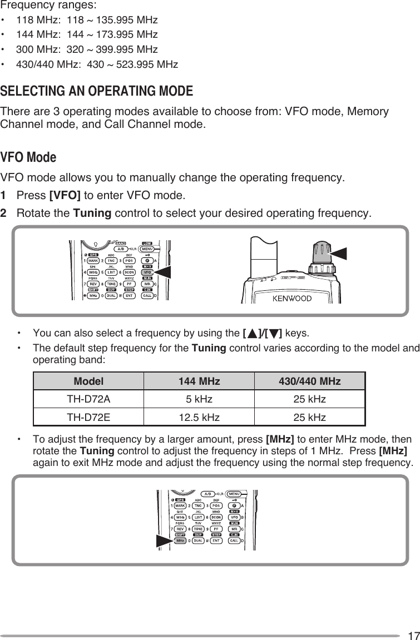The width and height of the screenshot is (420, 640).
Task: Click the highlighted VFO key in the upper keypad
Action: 147,272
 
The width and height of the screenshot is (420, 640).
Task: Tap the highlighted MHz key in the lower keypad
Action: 180,540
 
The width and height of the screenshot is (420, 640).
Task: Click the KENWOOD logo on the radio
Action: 291,299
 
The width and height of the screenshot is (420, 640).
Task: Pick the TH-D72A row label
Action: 88,399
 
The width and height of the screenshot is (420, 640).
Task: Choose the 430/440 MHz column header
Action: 310,381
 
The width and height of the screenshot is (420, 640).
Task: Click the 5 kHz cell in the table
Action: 199,399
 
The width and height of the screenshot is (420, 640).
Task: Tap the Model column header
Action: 88,381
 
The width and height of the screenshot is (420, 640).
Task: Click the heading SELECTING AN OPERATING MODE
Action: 97,91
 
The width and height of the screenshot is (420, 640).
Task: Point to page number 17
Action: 412,634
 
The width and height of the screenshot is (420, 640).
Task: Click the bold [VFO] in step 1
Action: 65,196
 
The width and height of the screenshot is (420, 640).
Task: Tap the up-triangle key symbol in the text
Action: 253,334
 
